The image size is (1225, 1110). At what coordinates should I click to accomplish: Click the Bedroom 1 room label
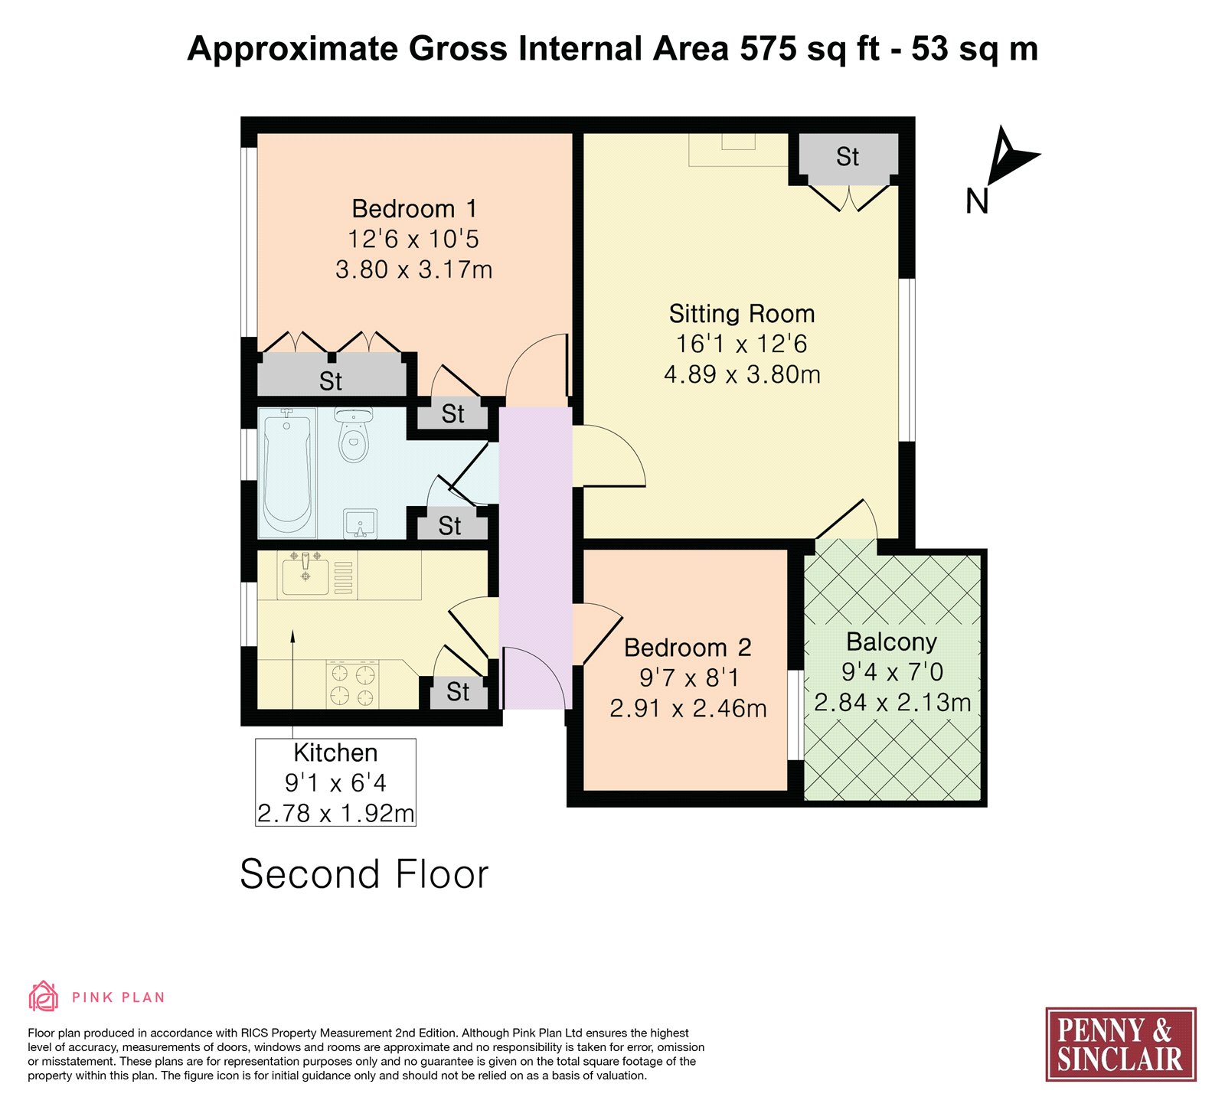click(x=414, y=208)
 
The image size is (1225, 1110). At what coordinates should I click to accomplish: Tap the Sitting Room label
click(x=742, y=314)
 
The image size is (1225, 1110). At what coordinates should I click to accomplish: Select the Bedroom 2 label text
click(x=688, y=648)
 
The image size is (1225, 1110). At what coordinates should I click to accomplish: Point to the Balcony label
click(x=891, y=642)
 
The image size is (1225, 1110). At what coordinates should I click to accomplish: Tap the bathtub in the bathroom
click(x=287, y=473)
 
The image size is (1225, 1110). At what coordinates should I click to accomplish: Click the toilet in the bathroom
click(x=353, y=435)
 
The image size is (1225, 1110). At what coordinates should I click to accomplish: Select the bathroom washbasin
click(x=360, y=524)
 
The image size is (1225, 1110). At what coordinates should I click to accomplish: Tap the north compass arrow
click(x=1011, y=155)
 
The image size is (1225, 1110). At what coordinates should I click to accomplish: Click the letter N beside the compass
click(x=977, y=201)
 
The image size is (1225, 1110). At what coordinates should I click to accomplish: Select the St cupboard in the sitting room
click(x=848, y=157)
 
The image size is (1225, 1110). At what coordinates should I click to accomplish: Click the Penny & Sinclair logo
click(x=1121, y=1044)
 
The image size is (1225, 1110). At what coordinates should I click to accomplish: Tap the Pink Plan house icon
click(x=44, y=996)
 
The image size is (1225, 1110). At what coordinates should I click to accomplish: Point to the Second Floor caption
click(x=364, y=874)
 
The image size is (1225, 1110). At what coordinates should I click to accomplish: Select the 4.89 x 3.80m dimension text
click(x=742, y=374)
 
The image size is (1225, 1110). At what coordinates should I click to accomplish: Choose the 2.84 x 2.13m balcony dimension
click(x=892, y=702)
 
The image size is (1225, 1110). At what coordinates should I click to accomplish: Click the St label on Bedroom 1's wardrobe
click(x=331, y=381)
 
